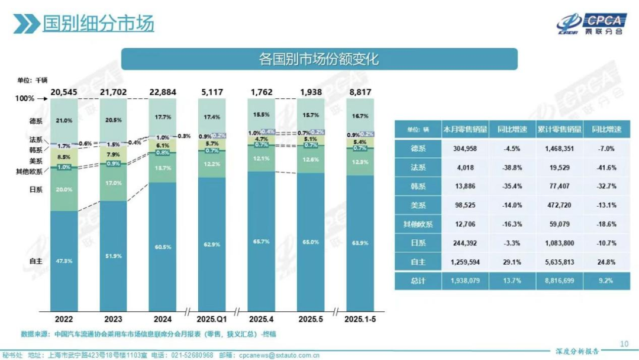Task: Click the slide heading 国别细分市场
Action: coord(98,24)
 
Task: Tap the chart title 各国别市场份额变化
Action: coord(319,59)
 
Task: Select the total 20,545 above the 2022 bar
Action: coord(65,92)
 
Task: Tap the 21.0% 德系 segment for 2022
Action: coord(65,120)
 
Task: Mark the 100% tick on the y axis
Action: coord(24,98)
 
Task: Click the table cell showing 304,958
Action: coord(463,149)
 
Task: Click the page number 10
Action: coord(625,343)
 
